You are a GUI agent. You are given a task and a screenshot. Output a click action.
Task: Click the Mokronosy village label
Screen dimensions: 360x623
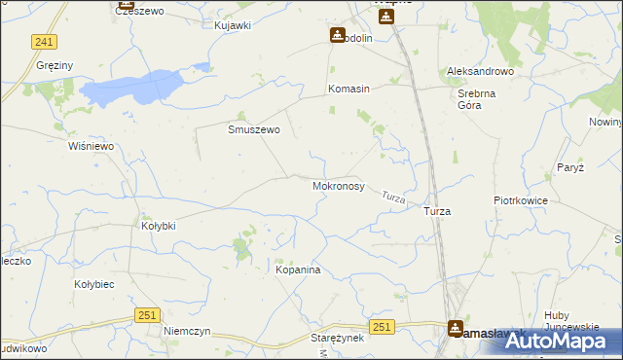(338, 184)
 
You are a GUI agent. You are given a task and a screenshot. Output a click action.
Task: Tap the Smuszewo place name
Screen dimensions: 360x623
(254, 129)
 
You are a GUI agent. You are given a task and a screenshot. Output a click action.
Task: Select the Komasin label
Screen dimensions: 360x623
(348, 89)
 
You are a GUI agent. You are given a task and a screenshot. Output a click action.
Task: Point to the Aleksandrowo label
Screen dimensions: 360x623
(479, 72)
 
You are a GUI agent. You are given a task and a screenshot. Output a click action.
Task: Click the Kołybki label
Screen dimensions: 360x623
(159, 226)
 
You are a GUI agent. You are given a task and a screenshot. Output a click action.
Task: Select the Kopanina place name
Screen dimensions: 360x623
(298, 270)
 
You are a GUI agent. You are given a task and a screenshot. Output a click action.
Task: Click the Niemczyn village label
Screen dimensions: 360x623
(188, 331)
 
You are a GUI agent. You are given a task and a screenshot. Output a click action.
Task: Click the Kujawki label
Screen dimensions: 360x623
(233, 24)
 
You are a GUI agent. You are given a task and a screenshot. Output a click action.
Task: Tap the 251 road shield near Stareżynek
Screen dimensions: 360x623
(382, 328)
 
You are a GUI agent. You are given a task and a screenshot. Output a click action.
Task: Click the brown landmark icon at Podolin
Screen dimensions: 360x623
(337, 35)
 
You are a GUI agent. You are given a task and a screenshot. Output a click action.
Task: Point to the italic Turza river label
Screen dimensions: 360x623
(393, 197)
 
